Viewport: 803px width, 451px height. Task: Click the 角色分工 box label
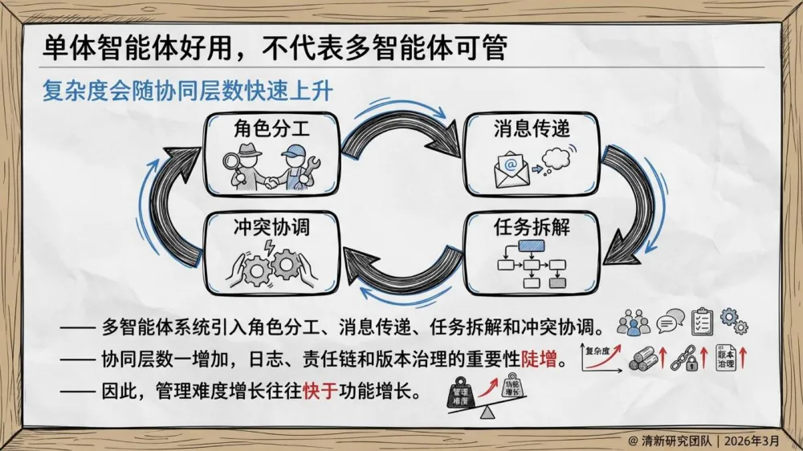click(x=258, y=128)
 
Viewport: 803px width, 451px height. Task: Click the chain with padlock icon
click(x=684, y=359)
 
